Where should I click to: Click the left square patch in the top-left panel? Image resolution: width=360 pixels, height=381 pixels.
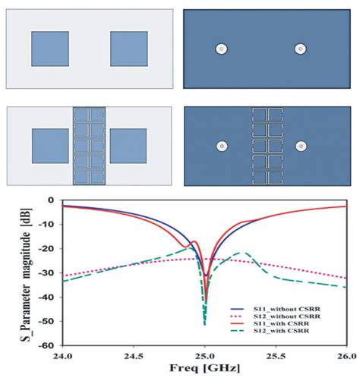pos(50,49)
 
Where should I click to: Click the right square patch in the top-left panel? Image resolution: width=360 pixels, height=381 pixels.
pos(128,49)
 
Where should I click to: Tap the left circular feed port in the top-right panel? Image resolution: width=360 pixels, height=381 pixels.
pos(221,49)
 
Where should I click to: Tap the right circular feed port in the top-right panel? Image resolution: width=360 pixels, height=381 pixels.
pos(301,49)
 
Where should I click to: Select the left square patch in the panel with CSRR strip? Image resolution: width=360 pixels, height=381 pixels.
pos(50,146)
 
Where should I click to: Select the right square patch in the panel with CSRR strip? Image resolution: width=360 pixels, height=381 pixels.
pos(128,146)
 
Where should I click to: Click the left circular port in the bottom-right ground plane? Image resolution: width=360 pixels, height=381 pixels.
pos(221,146)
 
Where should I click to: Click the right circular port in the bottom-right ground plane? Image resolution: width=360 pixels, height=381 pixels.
pos(301,146)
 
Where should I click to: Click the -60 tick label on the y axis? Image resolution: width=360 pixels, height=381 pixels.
pos(49,345)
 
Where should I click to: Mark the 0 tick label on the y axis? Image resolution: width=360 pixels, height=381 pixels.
pos(52,200)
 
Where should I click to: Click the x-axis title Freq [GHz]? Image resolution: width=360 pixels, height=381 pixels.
pos(205,370)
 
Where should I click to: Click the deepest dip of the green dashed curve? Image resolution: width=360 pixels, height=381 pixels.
pos(205,324)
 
